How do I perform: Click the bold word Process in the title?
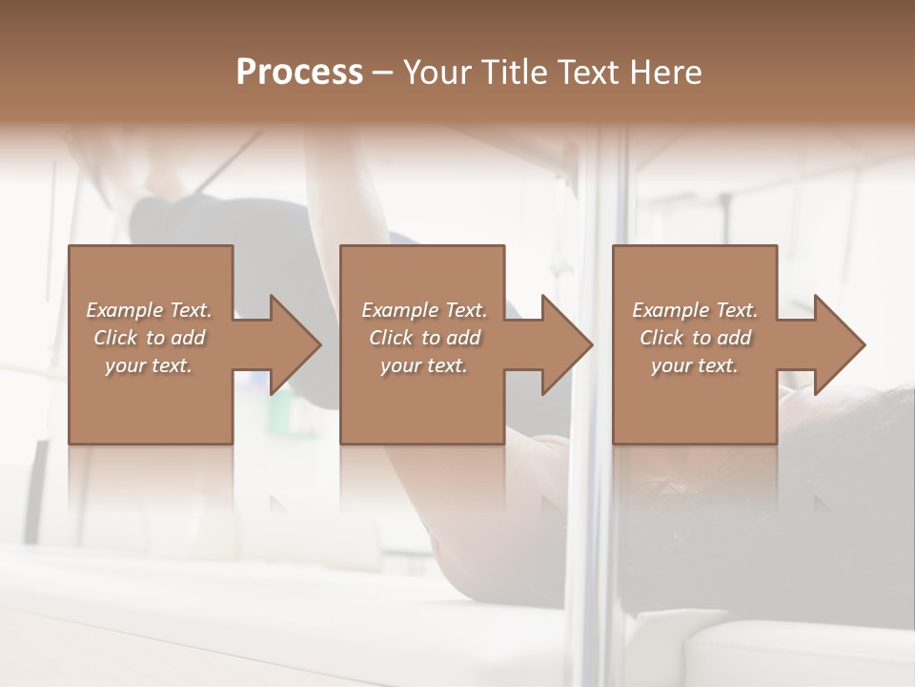[x=299, y=72]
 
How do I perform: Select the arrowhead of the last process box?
[x=838, y=344]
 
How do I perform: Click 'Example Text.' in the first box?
[x=149, y=310]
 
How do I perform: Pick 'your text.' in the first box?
[x=149, y=365]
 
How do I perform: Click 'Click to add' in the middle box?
[x=424, y=338]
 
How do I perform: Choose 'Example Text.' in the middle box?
[x=424, y=310]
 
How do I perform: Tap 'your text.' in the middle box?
[x=424, y=365]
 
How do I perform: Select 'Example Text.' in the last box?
[x=695, y=310]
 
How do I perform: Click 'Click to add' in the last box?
[x=695, y=338]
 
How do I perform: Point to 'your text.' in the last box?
[x=695, y=365]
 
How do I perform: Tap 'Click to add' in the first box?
[x=149, y=338]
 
